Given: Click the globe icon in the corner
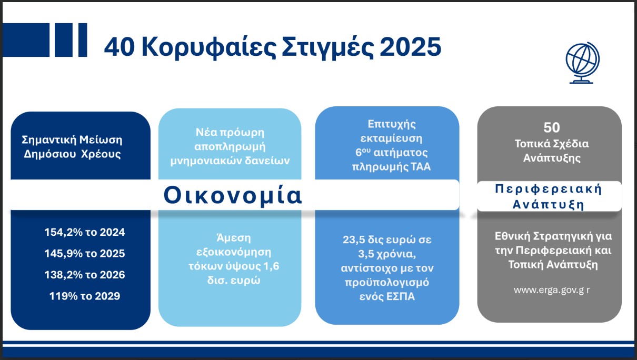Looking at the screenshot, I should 582,63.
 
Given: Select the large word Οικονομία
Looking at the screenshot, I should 233,195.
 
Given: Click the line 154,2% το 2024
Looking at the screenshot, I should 85,232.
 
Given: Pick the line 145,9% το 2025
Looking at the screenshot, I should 85,253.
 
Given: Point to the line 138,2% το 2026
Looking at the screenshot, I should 85,275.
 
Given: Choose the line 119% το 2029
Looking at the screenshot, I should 85,296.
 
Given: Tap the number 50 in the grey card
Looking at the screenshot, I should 552,127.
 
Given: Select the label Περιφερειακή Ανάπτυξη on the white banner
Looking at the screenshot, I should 548,196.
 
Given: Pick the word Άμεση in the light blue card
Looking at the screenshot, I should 230,236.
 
